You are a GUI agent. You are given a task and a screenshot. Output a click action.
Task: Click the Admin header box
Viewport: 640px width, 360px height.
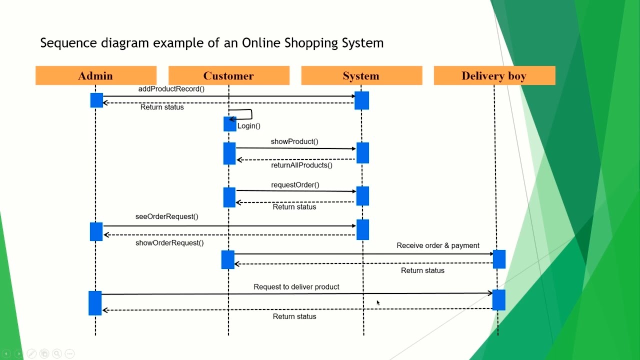(x=95, y=75)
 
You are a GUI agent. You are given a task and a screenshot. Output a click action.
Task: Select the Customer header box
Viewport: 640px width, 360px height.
(x=228, y=75)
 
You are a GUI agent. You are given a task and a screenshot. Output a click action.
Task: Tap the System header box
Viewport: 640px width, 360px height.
(x=361, y=75)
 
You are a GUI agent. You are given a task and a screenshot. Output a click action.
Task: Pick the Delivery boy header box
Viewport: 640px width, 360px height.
(x=494, y=75)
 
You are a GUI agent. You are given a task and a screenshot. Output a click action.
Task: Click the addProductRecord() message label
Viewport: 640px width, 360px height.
(x=171, y=89)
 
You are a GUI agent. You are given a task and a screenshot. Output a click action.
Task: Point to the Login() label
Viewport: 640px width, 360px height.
(x=249, y=126)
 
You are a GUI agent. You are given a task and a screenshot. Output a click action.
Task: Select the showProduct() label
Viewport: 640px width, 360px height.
(x=294, y=141)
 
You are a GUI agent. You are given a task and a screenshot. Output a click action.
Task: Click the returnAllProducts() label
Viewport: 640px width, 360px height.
(x=301, y=165)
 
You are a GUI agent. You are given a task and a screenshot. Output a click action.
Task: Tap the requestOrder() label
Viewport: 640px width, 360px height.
(x=295, y=185)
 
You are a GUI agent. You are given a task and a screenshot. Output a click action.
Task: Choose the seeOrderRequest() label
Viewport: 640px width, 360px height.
(x=166, y=216)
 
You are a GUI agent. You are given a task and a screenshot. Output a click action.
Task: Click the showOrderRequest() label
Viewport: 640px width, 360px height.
(x=169, y=243)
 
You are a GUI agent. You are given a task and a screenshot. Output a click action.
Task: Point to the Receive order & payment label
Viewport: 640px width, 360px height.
(x=438, y=245)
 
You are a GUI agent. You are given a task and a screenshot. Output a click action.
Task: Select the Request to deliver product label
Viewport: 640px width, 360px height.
(x=296, y=287)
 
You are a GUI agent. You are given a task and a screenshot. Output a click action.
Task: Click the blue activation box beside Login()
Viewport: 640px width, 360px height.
(x=229, y=124)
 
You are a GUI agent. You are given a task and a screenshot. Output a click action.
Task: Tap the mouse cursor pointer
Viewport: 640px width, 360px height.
(x=378, y=302)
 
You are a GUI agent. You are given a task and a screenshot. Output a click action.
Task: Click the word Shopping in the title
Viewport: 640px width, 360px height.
(x=311, y=43)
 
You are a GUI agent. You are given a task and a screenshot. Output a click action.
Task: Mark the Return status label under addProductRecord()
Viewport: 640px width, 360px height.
(x=162, y=107)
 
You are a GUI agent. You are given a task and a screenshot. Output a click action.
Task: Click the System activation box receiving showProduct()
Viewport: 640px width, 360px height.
(x=362, y=153)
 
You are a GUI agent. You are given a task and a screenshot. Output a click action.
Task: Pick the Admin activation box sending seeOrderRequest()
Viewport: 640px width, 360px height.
(x=96, y=231)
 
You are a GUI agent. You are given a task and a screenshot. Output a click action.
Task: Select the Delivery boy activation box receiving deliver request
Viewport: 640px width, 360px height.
(x=498, y=300)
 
